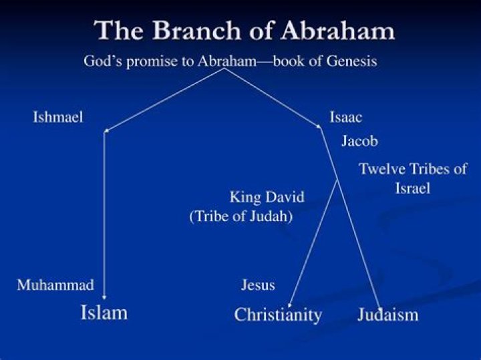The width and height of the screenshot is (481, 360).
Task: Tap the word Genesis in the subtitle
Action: tap(353, 61)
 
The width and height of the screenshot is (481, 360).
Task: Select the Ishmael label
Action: tap(58, 118)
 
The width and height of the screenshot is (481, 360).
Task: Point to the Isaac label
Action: tap(345, 118)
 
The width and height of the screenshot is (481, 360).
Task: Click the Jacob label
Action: tap(359, 141)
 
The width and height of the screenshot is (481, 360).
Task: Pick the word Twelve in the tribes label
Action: tap(382, 169)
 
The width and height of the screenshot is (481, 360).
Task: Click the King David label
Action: tap(267, 197)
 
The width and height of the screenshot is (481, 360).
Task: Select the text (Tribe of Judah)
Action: tap(241, 216)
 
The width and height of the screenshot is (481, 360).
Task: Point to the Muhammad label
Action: tap(55, 285)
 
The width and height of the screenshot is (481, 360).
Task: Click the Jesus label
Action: tap(258, 285)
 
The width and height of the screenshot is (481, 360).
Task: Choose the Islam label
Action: tap(104, 312)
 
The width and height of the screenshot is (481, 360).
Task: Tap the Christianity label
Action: tap(278, 315)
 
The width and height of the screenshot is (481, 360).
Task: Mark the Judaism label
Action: tap(387, 315)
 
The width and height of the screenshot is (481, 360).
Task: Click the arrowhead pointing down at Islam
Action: tap(104, 297)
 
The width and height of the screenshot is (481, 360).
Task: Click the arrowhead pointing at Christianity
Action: tap(289, 305)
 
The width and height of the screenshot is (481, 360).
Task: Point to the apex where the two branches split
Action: tap(222, 69)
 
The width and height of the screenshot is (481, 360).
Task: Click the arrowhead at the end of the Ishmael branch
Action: tap(106, 130)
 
